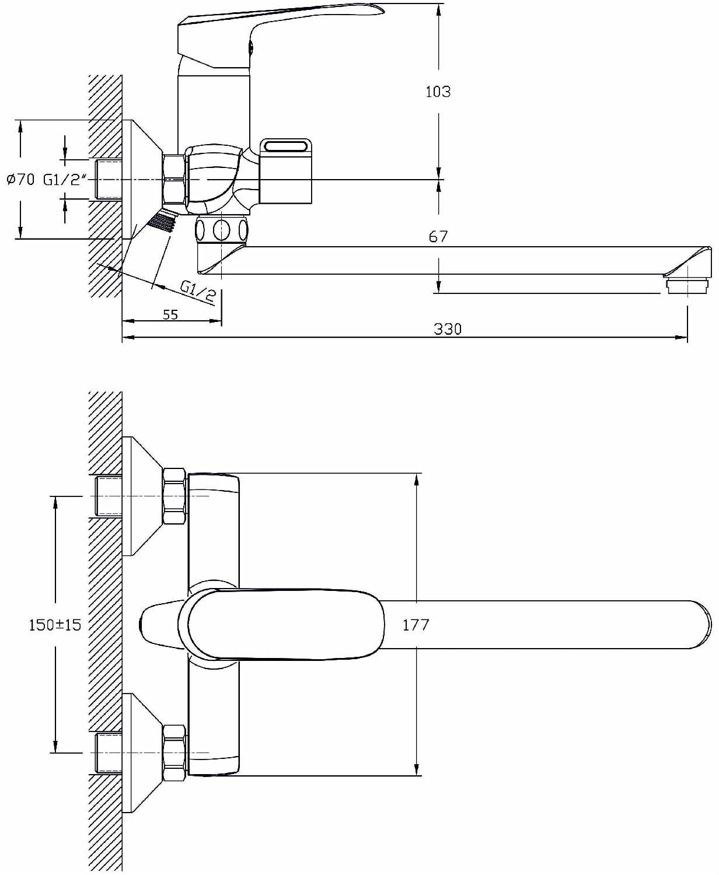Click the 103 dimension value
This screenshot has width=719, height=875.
pyautogui.click(x=438, y=91)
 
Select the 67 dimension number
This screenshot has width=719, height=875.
pyautogui.click(x=438, y=236)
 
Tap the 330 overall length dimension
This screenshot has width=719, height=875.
pyautogui.click(x=448, y=329)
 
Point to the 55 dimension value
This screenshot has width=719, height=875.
pyautogui.click(x=170, y=314)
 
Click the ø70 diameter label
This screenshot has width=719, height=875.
pyautogui.click(x=21, y=180)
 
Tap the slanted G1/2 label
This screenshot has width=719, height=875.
pyautogui.click(x=198, y=290)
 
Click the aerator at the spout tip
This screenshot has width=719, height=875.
pyautogui.click(x=687, y=286)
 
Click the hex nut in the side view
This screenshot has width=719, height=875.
pyautogui.click(x=174, y=179)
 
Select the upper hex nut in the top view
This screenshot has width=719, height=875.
pyautogui.click(x=174, y=496)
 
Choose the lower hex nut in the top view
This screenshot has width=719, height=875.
pyautogui.click(x=174, y=752)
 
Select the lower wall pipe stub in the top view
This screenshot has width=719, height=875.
pyautogui.click(x=109, y=752)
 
